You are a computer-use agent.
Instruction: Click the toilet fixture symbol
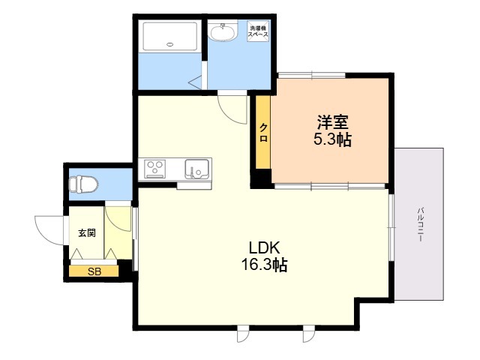83,184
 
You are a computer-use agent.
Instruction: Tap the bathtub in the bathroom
170,36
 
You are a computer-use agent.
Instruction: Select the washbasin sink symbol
222,30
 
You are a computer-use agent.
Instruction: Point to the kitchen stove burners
155,169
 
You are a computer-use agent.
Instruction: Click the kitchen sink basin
196,169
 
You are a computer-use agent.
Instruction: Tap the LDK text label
265,247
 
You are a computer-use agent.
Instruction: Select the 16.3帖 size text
265,265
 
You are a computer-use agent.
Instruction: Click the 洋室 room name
332,121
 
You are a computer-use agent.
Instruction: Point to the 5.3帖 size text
332,139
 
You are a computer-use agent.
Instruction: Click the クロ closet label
263,133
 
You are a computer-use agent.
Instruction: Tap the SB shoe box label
94,271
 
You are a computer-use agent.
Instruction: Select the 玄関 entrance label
87,233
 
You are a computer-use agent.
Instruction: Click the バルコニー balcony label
421,224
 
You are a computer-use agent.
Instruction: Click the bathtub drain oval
170,44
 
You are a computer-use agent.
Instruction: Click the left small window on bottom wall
244,333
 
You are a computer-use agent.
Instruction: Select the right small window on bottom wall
308,333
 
